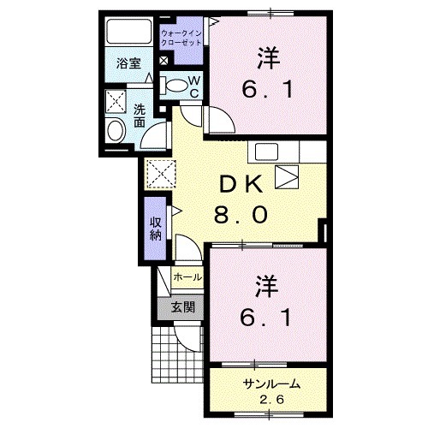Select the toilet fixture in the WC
175,84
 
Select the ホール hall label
187,278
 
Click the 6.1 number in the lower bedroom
266,318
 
